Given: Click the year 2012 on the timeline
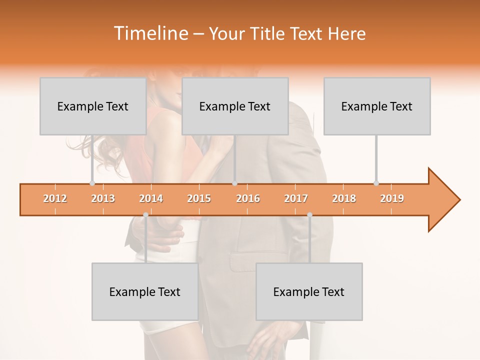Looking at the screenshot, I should (55, 198).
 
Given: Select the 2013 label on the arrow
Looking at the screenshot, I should (103, 198).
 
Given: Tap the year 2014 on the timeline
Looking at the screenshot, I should (151, 198).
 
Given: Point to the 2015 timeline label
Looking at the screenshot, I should (199, 198).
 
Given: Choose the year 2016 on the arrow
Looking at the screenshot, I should (248, 198).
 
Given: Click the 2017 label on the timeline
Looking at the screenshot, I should (296, 198).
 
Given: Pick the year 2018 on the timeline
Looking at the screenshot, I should (344, 198).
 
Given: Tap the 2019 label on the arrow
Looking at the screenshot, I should (392, 198).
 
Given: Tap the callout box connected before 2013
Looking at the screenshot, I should (93, 106).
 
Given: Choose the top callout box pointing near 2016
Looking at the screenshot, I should (235, 106).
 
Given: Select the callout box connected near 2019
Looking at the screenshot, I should (377, 106).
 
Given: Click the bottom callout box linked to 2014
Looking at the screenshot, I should (145, 291).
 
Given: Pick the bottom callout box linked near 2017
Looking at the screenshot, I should (309, 291).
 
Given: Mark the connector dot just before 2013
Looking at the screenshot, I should (92, 183).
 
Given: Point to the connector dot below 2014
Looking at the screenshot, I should (145, 215).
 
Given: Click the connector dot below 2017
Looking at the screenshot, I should (309, 215).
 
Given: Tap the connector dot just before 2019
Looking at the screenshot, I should (376, 183).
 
